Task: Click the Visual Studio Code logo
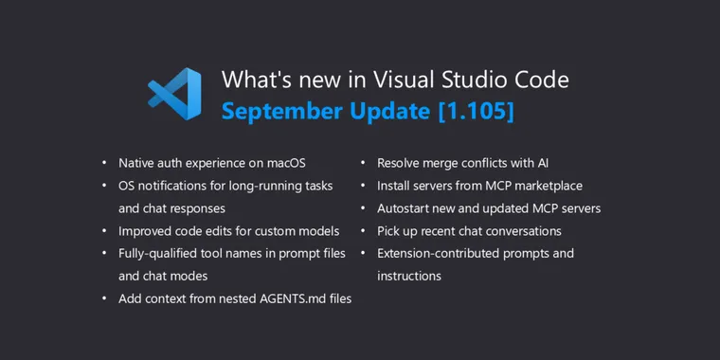tap(174, 94)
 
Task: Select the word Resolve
tap(401, 162)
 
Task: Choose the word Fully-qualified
tap(159, 253)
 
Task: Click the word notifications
tap(180, 185)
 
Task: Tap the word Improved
tap(146, 230)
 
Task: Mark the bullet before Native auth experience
tap(104, 163)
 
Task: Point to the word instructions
tap(409, 276)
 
